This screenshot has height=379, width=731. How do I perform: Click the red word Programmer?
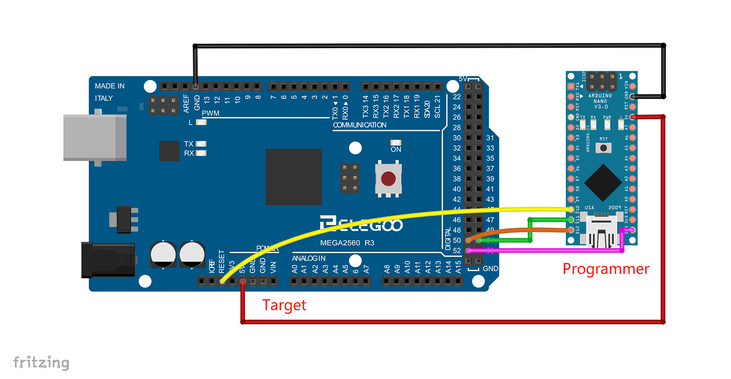[605, 269]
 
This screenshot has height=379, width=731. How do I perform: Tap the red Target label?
[284, 305]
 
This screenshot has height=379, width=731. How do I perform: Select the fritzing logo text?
[41, 363]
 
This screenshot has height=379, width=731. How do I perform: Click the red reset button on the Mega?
[389, 179]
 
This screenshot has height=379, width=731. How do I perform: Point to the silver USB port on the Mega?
[95, 137]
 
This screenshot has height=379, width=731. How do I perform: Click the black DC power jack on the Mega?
[108, 259]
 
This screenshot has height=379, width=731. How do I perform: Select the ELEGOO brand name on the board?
[361, 224]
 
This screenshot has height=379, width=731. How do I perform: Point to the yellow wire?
[371, 219]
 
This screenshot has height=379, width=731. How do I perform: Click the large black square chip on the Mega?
[293, 177]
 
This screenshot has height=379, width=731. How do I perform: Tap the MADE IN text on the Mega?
[110, 86]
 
